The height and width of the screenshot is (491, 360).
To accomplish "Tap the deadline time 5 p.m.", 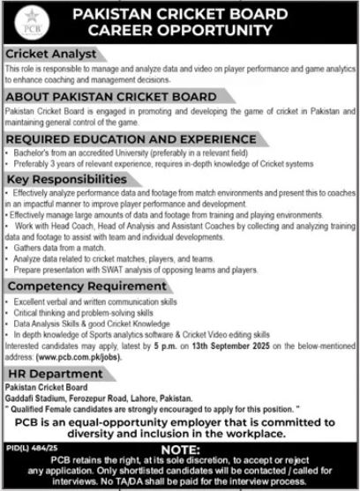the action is coord(169,351).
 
